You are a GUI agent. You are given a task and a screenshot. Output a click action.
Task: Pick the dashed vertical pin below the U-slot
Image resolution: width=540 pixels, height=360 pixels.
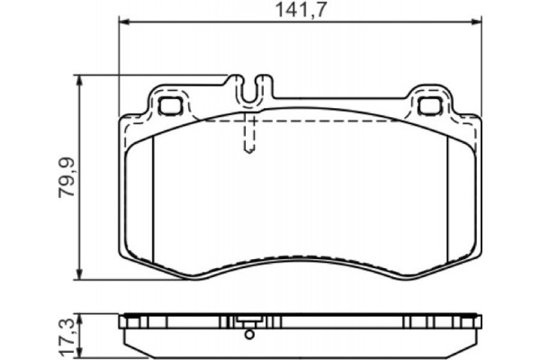tap(251, 135)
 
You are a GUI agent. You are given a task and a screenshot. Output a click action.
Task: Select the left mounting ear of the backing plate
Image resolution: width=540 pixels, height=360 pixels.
tap(168, 101)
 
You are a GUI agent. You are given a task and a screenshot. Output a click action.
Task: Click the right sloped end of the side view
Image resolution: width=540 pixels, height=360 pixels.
tap(470, 340)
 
